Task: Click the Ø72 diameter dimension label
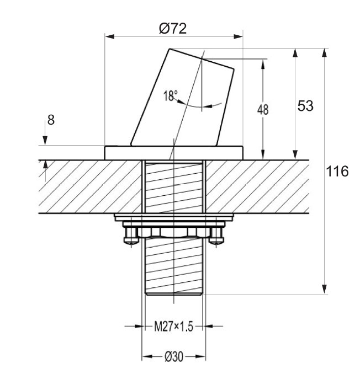pyautogui.click(x=172, y=29)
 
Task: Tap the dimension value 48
pyautogui.click(x=263, y=109)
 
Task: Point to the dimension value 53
pyautogui.click(x=305, y=106)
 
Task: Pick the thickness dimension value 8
pyautogui.click(x=51, y=120)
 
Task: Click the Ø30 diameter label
pyautogui.click(x=173, y=357)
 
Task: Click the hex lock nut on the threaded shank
pyautogui.click(x=173, y=232)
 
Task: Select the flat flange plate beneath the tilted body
pyautogui.click(x=173, y=152)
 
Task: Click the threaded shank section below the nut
pyautogui.click(x=173, y=268)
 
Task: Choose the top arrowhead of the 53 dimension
pyautogui.click(x=295, y=53)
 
